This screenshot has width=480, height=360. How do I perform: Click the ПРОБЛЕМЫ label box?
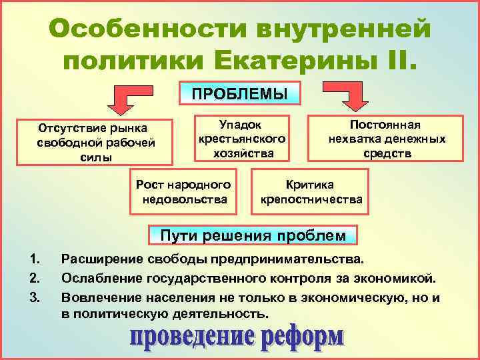[240, 93]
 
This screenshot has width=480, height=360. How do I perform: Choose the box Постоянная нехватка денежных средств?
[386, 139]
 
